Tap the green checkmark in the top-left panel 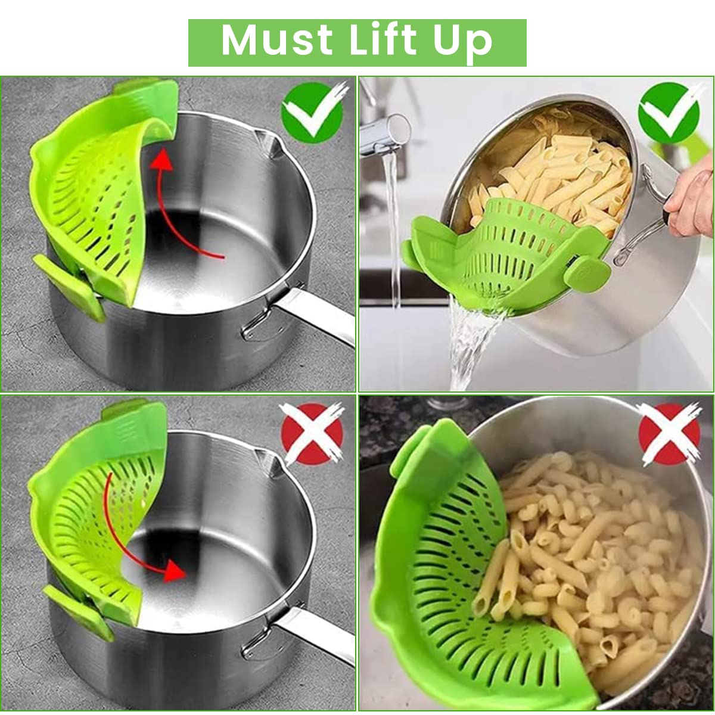point(312,113)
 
